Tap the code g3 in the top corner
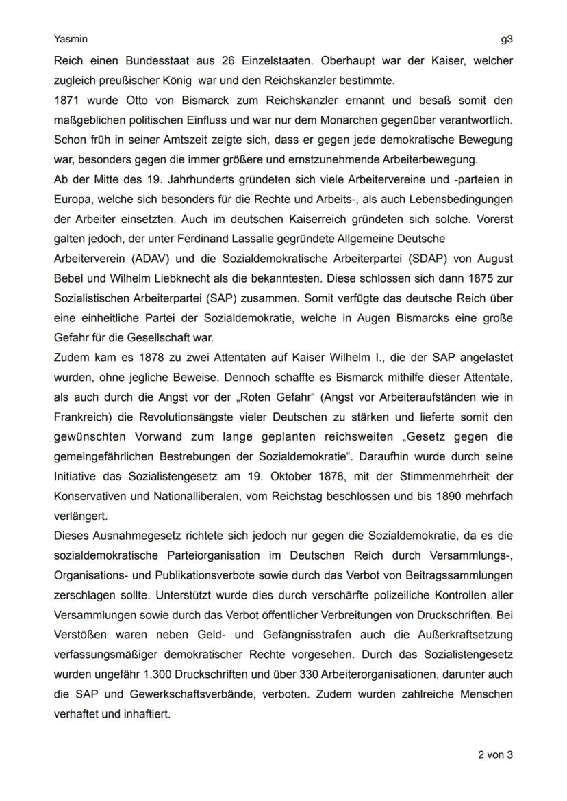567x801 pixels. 507,40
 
